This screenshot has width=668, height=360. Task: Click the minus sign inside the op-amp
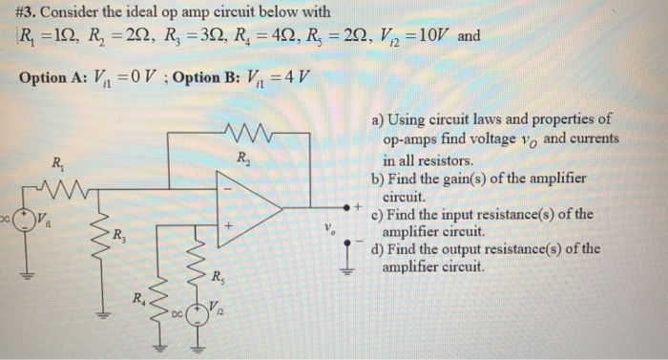click(229, 186)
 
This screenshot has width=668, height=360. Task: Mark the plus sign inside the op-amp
click(229, 225)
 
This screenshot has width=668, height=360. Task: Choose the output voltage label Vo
click(329, 228)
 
